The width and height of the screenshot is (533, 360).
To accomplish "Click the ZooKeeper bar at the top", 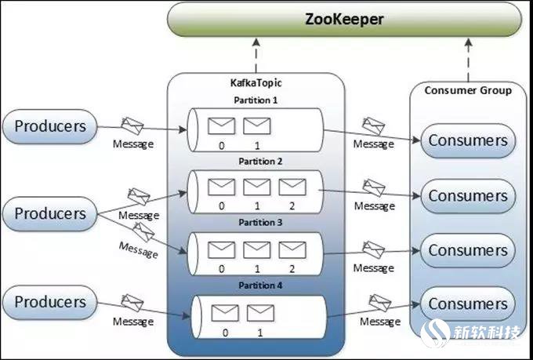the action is [344, 19].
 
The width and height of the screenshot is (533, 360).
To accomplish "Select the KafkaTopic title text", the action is [256, 82].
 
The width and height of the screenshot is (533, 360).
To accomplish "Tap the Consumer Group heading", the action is [468, 90].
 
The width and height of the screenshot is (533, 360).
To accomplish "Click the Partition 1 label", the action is [256, 100].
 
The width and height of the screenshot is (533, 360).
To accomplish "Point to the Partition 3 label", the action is [260, 223].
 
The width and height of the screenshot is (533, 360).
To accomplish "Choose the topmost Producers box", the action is [49, 126].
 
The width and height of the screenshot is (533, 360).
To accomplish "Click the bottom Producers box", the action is [49, 302].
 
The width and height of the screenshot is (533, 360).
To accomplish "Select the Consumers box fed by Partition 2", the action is [468, 196].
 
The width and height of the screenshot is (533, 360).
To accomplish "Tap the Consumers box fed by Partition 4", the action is [468, 304].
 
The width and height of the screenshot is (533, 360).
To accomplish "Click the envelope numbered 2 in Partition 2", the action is [292, 187].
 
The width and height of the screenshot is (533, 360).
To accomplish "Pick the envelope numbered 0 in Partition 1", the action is [221, 126].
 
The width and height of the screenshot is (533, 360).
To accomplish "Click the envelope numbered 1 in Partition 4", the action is [260, 313].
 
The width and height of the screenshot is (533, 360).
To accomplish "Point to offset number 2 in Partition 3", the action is [292, 269].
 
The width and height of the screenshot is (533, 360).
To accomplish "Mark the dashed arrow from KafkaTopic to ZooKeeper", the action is [256, 56].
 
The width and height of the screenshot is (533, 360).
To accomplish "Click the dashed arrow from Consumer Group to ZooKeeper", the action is [469, 60].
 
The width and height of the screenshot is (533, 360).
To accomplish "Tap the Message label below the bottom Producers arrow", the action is [133, 322].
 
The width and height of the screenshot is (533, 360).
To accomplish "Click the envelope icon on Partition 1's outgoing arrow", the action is [374, 126].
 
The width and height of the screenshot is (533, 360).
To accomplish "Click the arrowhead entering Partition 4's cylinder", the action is [187, 316].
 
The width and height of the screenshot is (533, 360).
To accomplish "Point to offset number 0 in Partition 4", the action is [225, 333].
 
